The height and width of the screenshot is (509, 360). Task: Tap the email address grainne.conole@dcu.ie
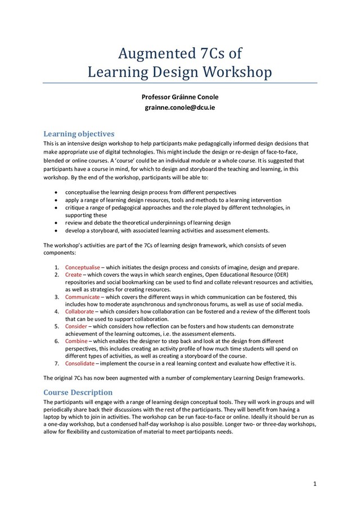(x=180, y=107)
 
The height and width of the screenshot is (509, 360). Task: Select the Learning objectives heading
(x=79, y=134)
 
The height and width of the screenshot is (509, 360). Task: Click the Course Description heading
(x=78, y=392)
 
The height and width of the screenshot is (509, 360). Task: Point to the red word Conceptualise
(x=83, y=267)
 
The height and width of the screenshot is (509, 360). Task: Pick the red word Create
(x=74, y=274)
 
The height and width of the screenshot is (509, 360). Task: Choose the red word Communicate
(x=82, y=296)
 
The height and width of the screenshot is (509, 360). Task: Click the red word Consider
(x=76, y=326)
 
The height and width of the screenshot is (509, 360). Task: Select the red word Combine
(x=76, y=341)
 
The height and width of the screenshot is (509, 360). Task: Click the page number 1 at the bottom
(x=315, y=484)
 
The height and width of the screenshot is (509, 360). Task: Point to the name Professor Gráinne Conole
(x=180, y=97)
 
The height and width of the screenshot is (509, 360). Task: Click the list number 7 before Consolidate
(x=57, y=363)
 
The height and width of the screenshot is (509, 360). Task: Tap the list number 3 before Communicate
(x=57, y=296)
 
